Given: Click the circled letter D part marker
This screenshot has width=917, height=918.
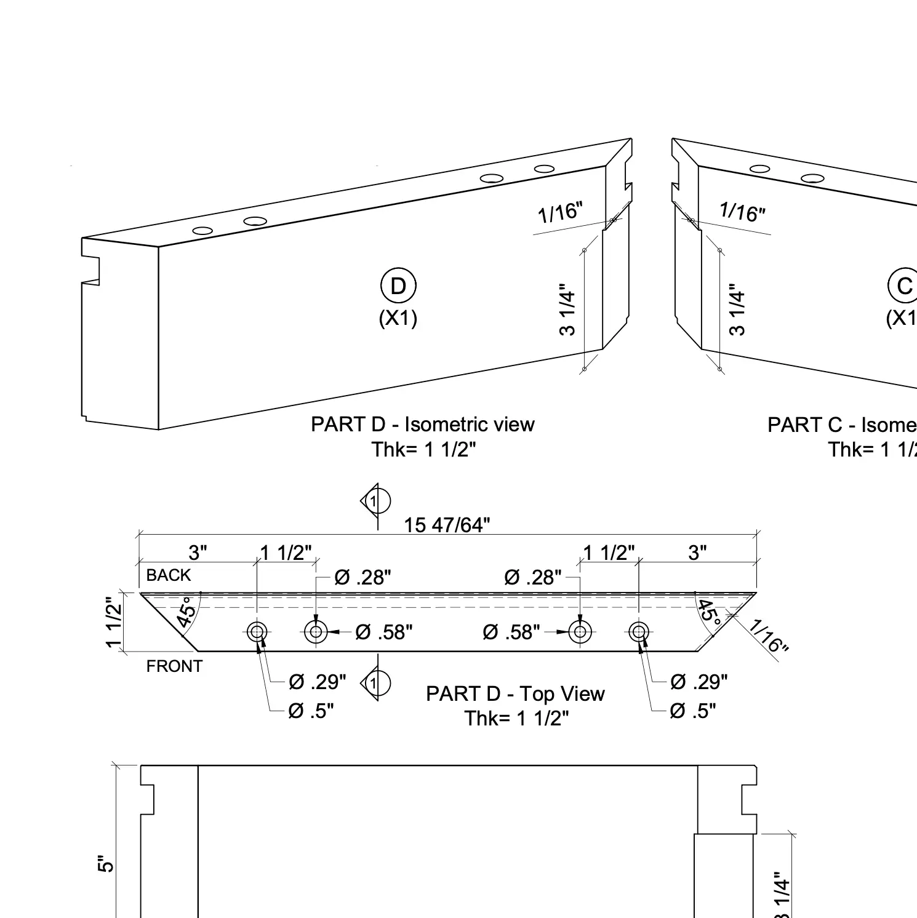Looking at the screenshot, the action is [x=398, y=286].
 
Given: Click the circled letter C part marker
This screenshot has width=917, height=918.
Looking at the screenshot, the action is [x=903, y=286].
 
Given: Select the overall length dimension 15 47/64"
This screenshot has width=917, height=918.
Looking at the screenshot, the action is [x=447, y=525].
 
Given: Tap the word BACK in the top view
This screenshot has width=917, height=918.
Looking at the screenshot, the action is [x=169, y=575].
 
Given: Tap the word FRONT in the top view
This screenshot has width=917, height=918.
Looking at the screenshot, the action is [x=174, y=666].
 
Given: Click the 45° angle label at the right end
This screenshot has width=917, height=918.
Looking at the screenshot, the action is [x=710, y=613].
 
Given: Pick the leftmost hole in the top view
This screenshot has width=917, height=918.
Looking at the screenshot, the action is [x=257, y=631].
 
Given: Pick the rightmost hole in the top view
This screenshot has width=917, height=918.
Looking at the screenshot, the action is [x=639, y=631].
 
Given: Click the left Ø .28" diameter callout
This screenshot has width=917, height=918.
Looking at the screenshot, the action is [x=362, y=578].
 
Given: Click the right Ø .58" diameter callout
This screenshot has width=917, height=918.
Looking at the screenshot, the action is [x=511, y=632].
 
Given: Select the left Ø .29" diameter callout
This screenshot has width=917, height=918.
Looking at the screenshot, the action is [x=318, y=682].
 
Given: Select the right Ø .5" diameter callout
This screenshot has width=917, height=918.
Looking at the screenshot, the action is [x=693, y=711].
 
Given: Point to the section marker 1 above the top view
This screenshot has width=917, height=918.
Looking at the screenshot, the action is [x=376, y=501].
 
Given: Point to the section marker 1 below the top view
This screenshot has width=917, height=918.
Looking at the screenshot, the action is [x=376, y=683].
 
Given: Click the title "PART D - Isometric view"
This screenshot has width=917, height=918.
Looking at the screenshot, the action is [x=423, y=425].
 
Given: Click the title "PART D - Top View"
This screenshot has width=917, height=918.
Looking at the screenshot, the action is [x=515, y=694].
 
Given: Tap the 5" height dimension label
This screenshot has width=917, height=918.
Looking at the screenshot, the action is [x=106, y=864].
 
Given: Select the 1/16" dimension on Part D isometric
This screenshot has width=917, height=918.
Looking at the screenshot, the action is [x=559, y=212].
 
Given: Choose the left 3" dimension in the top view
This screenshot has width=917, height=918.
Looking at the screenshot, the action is [x=197, y=553].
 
